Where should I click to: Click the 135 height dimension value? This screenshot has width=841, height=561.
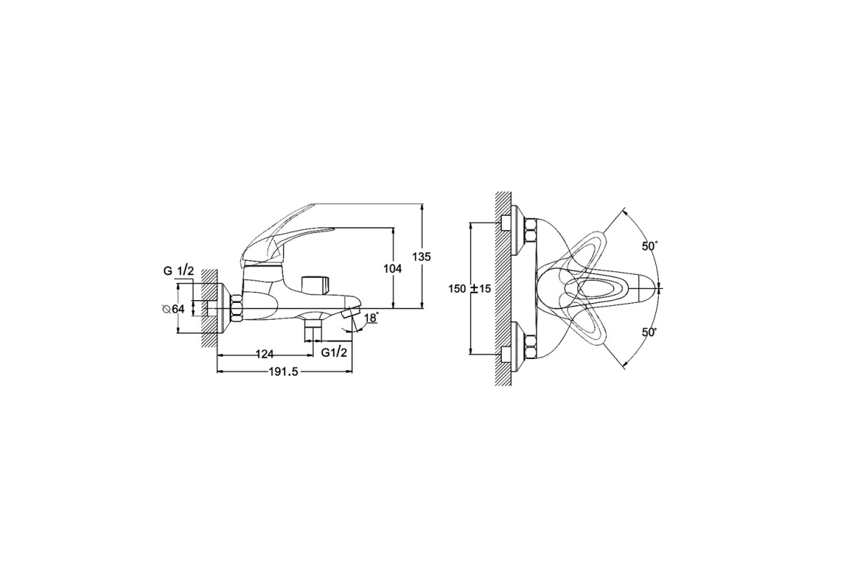click(422, 257)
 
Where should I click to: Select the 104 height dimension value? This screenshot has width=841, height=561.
click(392, 269)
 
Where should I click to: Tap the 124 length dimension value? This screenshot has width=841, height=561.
click(265, 354)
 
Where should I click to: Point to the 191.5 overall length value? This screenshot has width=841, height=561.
click(283, 372)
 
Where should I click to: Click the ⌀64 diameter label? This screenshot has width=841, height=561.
click(174, 309)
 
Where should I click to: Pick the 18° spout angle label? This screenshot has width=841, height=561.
click(371, 318)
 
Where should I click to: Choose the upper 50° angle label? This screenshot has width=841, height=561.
click(650, 246)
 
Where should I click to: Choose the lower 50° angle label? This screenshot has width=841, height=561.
click(650, 332)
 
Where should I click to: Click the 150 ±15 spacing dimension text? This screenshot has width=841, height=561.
click(470, 289)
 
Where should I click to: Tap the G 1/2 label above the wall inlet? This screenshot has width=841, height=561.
click(179, 271)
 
